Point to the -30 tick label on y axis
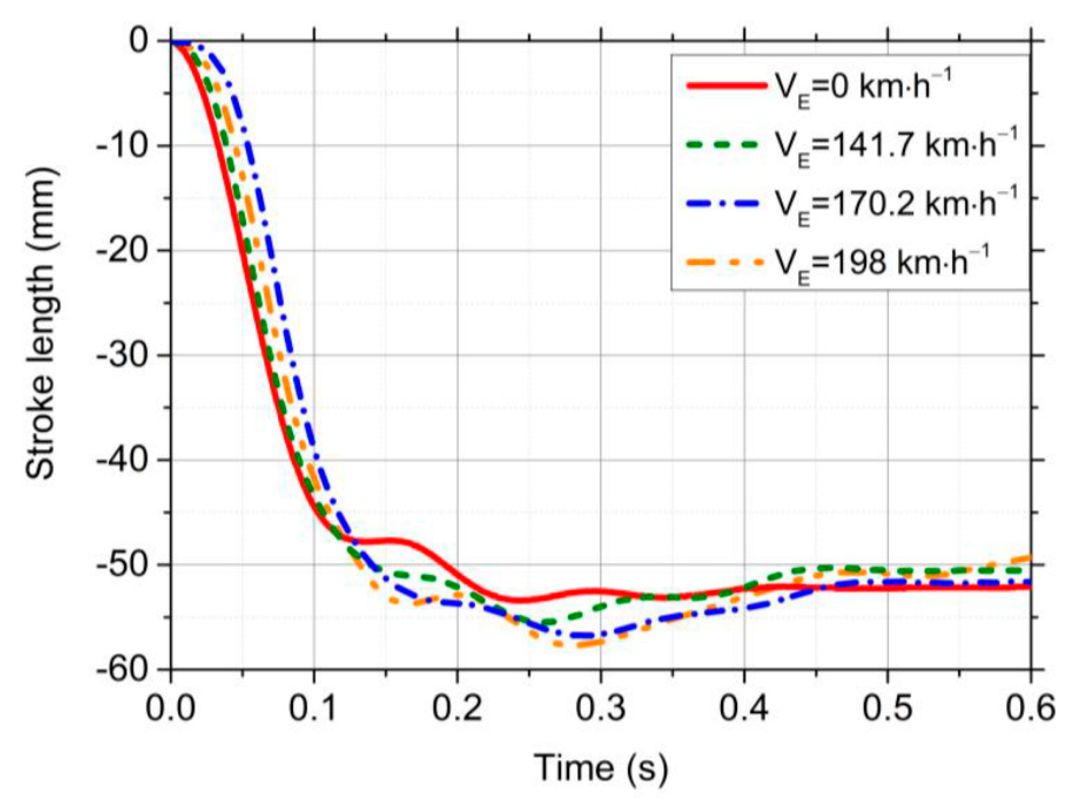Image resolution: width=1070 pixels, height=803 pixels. coord(123,355)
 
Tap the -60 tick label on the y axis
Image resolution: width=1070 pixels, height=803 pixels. coord(123,670)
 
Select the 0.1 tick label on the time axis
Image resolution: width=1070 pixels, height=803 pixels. coord(314,709)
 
